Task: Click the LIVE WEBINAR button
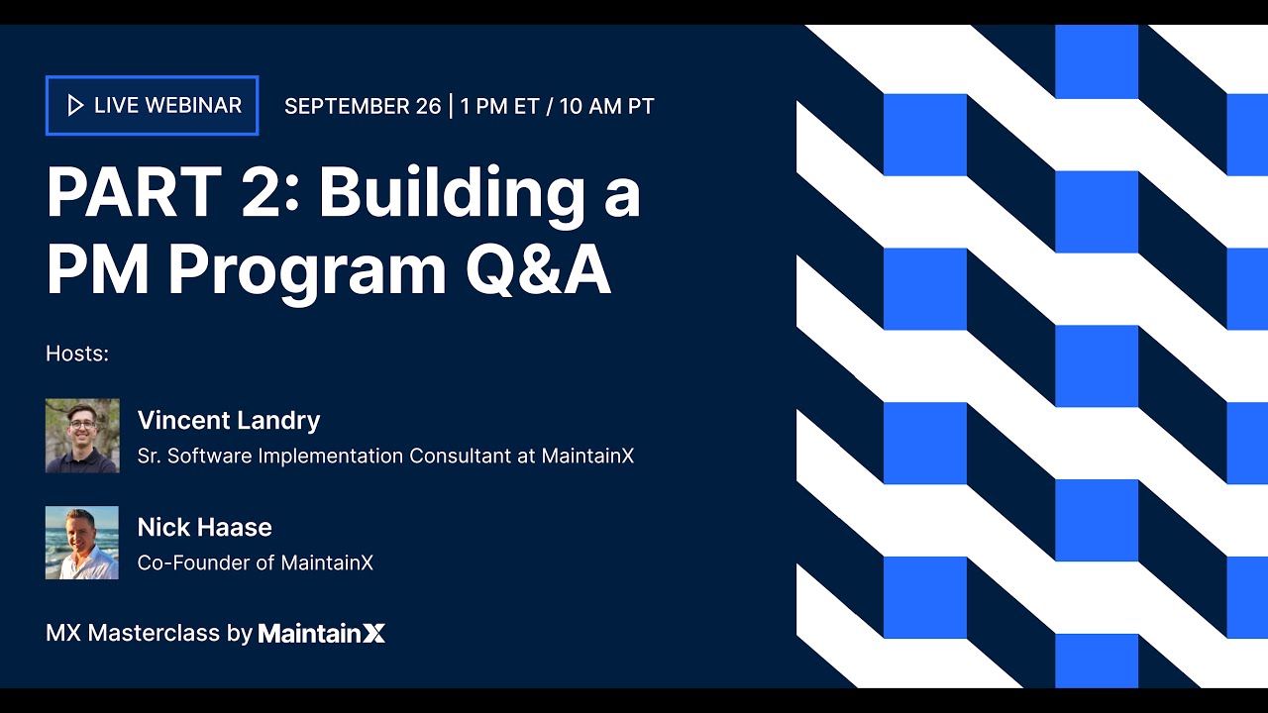click(x=152, y=105)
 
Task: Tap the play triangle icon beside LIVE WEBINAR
click(x=75, y=105)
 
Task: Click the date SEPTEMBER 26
click(x=362, y=106)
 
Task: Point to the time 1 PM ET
click(x=499, y=106)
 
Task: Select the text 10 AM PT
click(x=606, y=106)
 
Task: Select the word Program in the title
click(x=307, y=269)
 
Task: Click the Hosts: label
click(x=76, y=354)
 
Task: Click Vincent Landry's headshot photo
click(x=82, y=436)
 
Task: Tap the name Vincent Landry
click(x=228, y=420)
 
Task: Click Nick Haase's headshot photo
click(x=82, y=543)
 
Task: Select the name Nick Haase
click(x=204, y=527)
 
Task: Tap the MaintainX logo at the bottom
click(x=321, y=633)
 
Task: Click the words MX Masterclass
click(x=132, y=633)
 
